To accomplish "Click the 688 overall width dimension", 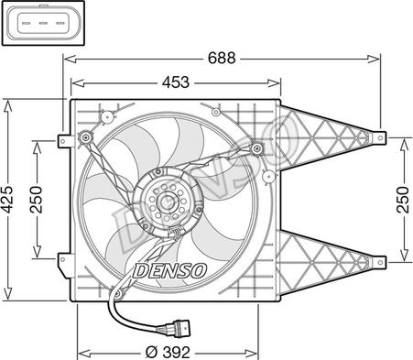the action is tap(222, 58).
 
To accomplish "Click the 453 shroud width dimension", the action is tap(176, 82).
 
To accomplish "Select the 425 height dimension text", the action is tap(7, 200).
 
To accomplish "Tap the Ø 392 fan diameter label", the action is tap(168, 353).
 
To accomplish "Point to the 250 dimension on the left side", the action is tap(37, 200).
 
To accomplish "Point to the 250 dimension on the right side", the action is tap(403, 200).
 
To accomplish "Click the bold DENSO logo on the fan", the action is tap(169, 270).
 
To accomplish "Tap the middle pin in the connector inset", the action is tap(43, 23).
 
